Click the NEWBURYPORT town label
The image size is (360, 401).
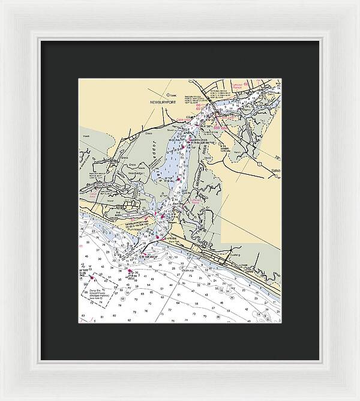pyautogui.click(x=161, y=103)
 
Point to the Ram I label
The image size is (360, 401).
pyautogui.click(x=247, y=110)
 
